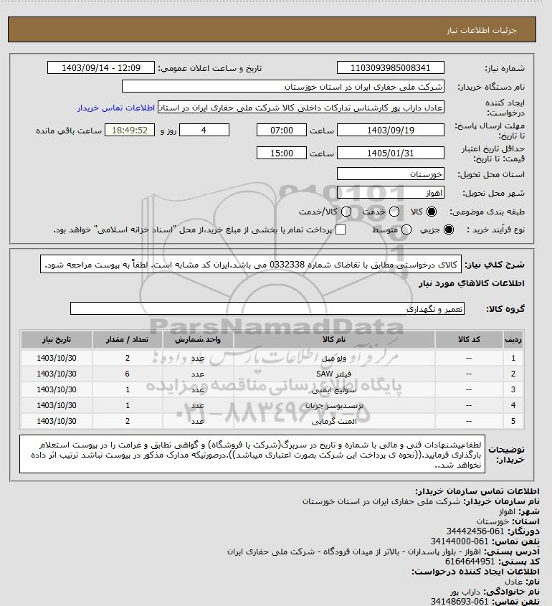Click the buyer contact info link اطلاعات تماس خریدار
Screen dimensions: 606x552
tap(115, 108)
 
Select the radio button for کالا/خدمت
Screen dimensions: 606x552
tap(348, 212)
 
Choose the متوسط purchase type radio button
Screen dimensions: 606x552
tap(406, 229)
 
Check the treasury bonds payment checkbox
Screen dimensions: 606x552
tap(341, 229)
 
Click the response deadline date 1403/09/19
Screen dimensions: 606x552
tap(390, 131)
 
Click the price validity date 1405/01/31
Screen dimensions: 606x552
tap(390, 153)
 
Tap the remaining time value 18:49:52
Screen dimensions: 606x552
tap(130, 131)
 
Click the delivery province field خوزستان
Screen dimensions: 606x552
tap(390, 174)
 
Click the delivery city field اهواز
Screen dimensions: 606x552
tap(390, 193)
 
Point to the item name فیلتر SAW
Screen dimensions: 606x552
tap(324, 374)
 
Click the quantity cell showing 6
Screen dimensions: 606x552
tap(127, 374)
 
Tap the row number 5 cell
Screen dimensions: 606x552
tap(513, 421)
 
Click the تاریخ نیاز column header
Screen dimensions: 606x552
tap(56, 339)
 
